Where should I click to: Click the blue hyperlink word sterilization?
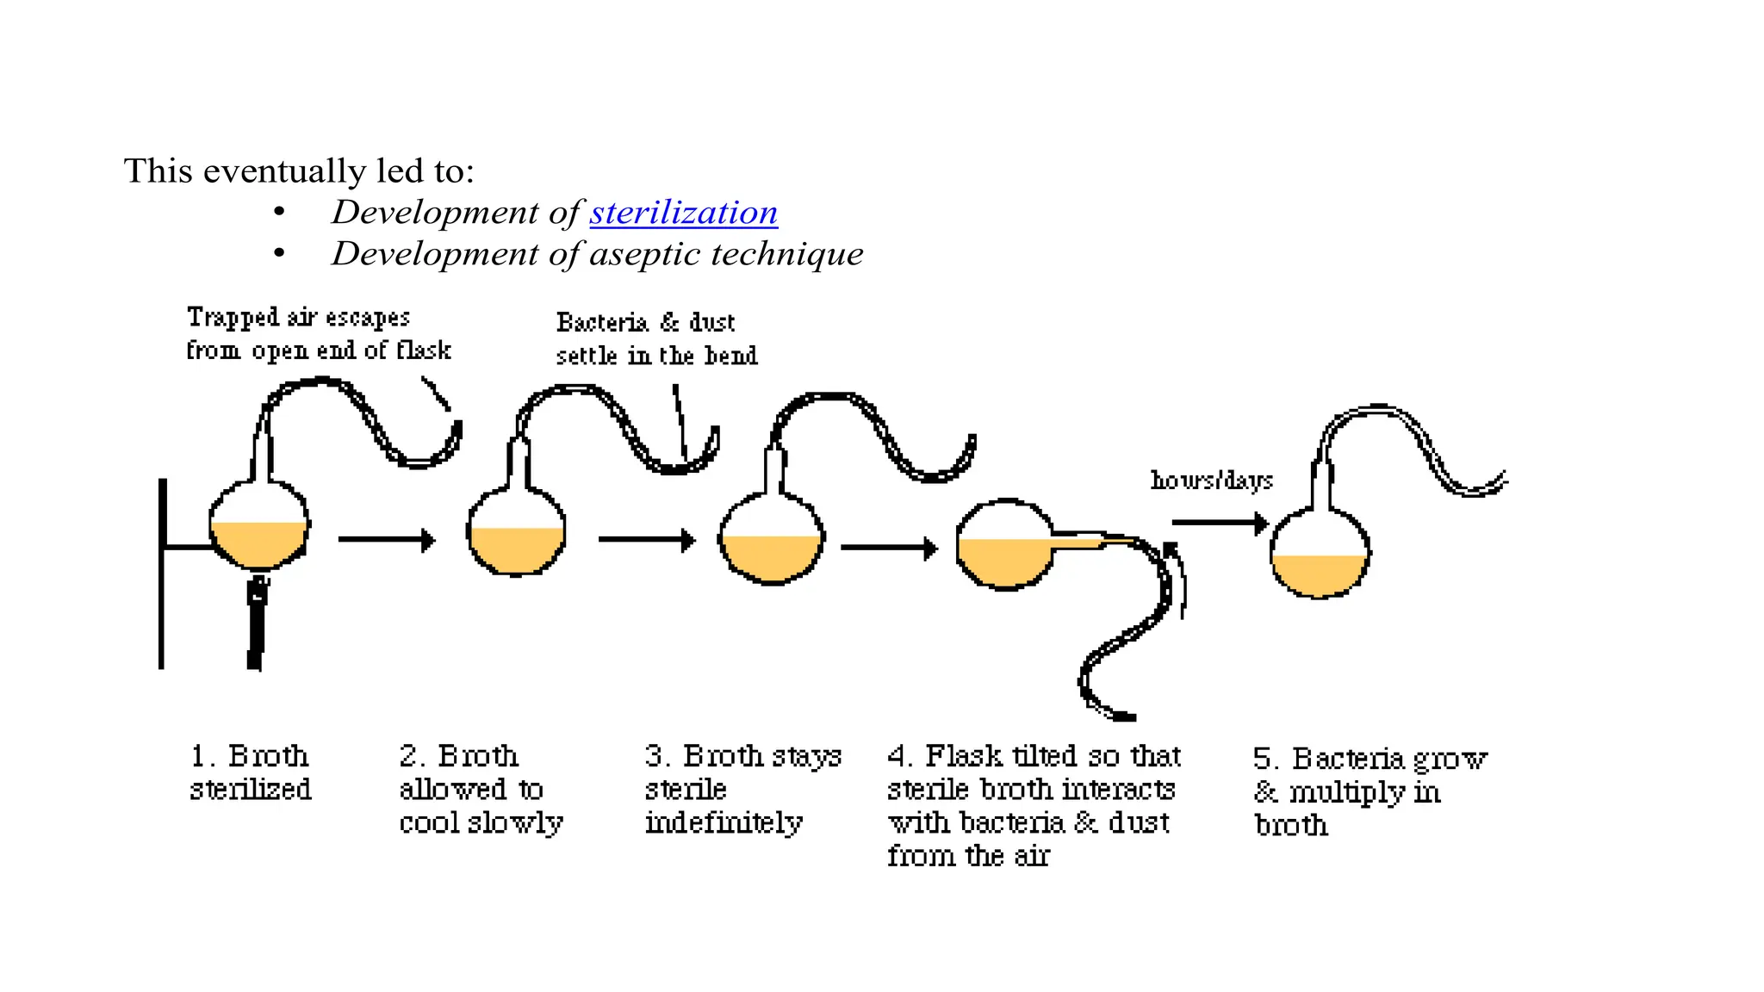pos(683,212)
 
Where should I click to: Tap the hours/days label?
pos(1211,480)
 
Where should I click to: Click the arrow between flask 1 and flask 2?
pos(386,540)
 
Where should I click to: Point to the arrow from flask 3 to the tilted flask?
pos(888,548)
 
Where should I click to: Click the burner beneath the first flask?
pos(256,624)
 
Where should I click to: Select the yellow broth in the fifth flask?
pos(1319,574)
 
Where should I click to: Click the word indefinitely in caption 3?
pos(724,823)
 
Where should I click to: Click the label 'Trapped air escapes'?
pos(298,318)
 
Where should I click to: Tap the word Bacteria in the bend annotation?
pos(602,323)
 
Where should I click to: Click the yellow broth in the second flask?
pos(515,549)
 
